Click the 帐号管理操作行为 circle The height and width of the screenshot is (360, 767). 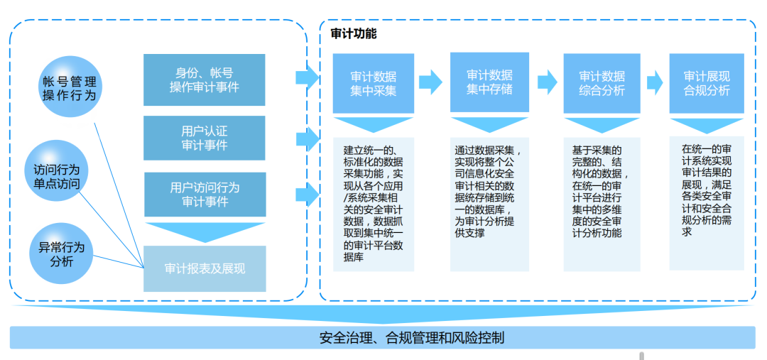(69, 89)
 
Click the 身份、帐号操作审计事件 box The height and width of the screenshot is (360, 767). (205, 80)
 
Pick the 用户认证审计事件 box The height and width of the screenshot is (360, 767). (205, 138)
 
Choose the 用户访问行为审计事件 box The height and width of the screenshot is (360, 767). (205, 194)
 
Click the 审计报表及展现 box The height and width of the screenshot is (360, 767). (205, 268)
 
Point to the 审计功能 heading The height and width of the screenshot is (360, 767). (354, 33)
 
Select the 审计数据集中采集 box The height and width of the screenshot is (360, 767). (374, 83)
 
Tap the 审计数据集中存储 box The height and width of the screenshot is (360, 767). (489, 82)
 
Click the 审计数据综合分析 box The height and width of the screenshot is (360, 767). (602, 83)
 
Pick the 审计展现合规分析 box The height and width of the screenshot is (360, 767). (707, 83)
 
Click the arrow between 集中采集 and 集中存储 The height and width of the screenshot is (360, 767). (430, 82)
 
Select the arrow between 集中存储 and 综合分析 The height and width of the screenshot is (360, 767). (547, 82)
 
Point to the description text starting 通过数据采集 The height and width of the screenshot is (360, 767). (489, 192)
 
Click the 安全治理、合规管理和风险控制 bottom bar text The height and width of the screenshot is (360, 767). (412, 338)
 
